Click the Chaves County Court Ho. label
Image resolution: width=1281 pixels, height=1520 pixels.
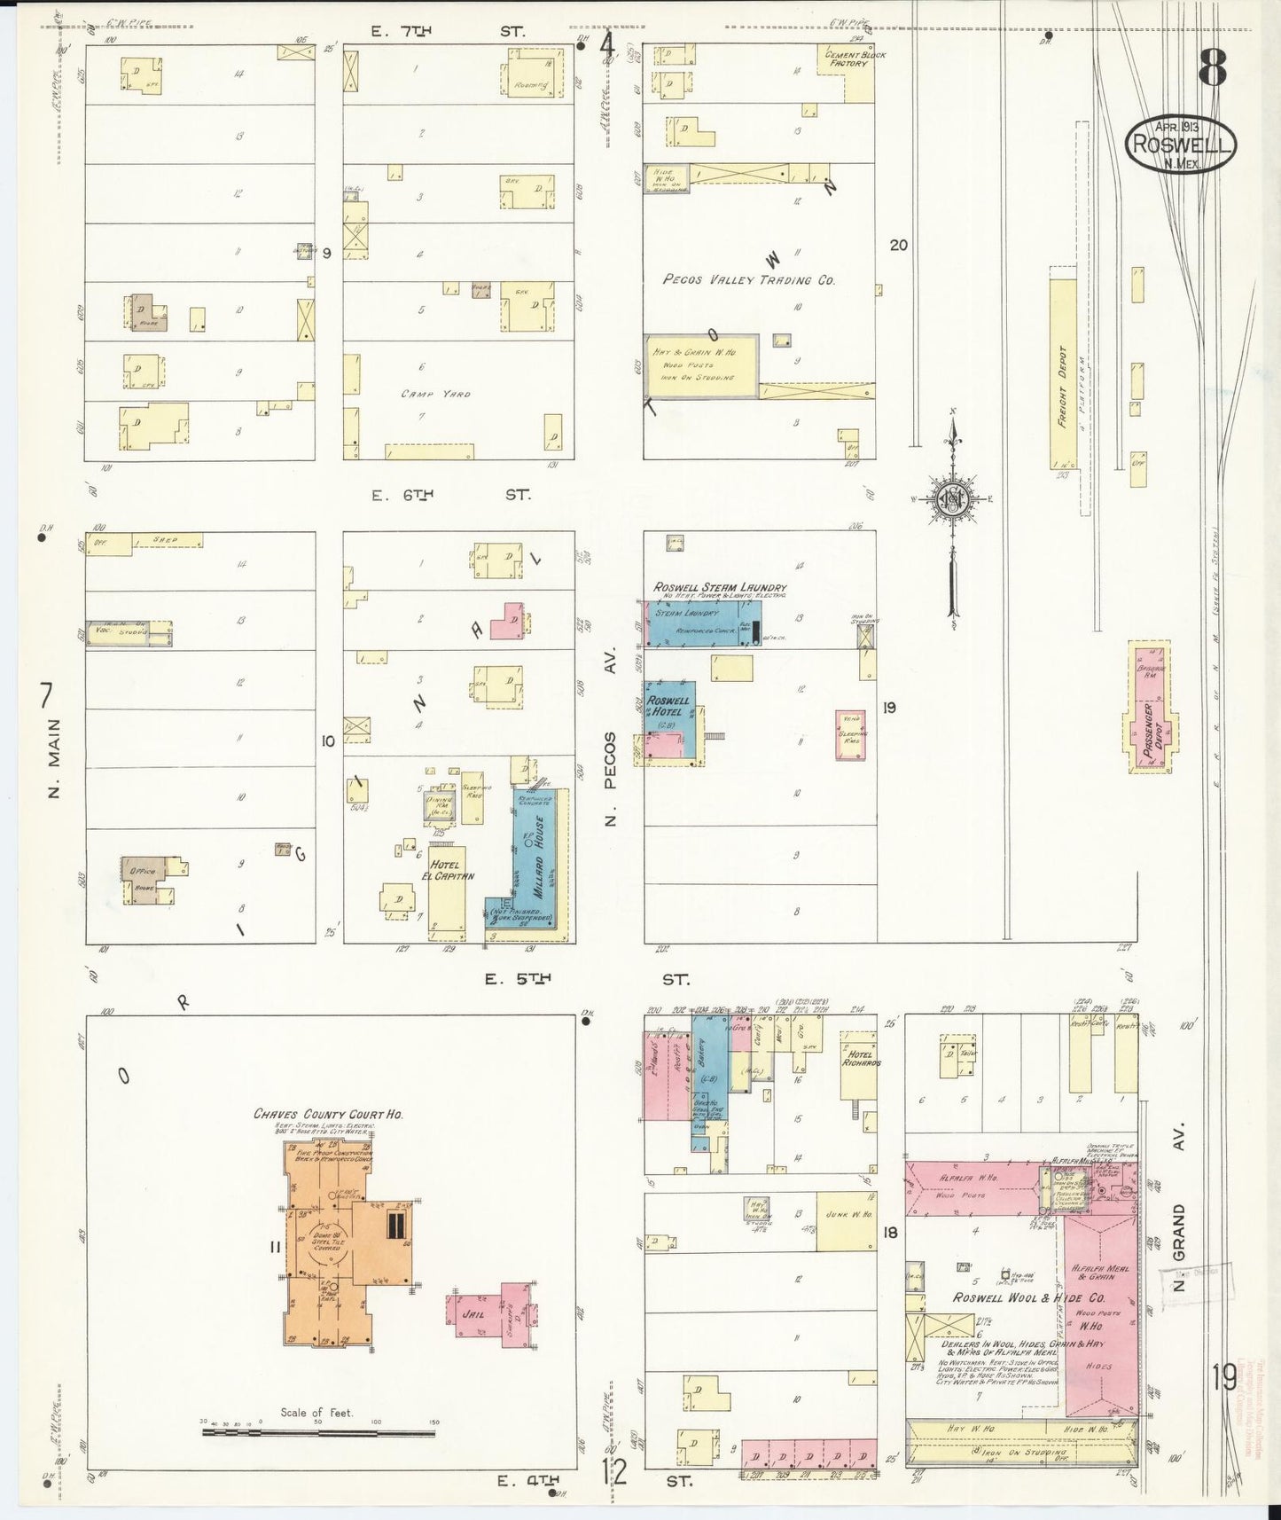coord(328,1114)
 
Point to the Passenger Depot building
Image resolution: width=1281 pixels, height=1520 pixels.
coord(1152,709)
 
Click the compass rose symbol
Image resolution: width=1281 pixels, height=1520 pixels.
coord(953,499)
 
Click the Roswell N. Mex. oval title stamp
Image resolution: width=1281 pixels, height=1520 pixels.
coord(1181,144)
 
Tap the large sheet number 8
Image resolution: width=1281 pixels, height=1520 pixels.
coord(1213,67)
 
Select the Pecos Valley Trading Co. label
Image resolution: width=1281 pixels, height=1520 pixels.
coord(749,279)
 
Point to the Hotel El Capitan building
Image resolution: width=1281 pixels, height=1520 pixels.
coord(447,887)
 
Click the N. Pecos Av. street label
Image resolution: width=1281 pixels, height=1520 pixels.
coord(610,741)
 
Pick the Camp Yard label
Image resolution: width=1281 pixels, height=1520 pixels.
coord(435,393)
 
